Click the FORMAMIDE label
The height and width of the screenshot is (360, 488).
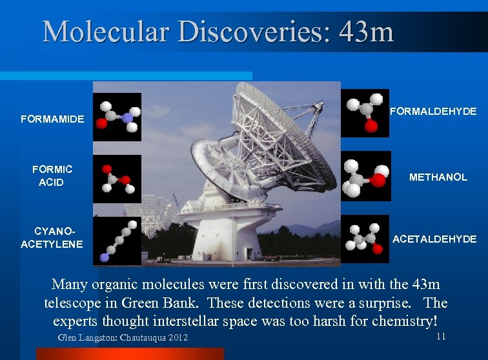click(52, 119)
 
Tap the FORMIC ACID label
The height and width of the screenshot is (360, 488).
click(52, 175)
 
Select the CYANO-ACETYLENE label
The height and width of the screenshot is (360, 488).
click(52, 237)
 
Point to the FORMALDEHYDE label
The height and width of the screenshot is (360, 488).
click(434, 112)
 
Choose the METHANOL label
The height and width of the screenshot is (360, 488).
click(438, 177)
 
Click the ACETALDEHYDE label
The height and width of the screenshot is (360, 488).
click(434, 239)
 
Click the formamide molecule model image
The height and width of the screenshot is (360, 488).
click(117, 117)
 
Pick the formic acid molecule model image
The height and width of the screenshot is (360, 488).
click(117, 179)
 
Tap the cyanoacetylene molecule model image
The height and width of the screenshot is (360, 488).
click(117, 241)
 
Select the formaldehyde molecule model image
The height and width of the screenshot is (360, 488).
click(365, 113)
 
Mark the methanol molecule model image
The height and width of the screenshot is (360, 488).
click(365, 176)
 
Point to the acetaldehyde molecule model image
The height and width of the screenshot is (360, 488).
click(365, 239)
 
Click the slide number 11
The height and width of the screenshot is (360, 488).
click(441, 337)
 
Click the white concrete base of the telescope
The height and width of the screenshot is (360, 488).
click(223, 239)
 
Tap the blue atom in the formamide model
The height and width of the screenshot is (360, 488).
click(128, 117)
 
